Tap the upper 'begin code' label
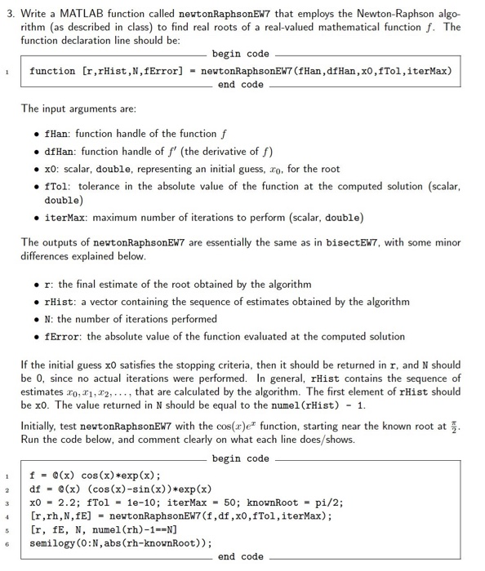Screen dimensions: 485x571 [241, 54]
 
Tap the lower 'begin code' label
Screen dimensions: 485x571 [241, 458]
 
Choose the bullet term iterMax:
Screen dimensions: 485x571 [67, 217]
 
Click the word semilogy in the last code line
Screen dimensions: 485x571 [55, 542]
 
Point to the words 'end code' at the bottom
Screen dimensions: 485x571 [241, 556]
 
